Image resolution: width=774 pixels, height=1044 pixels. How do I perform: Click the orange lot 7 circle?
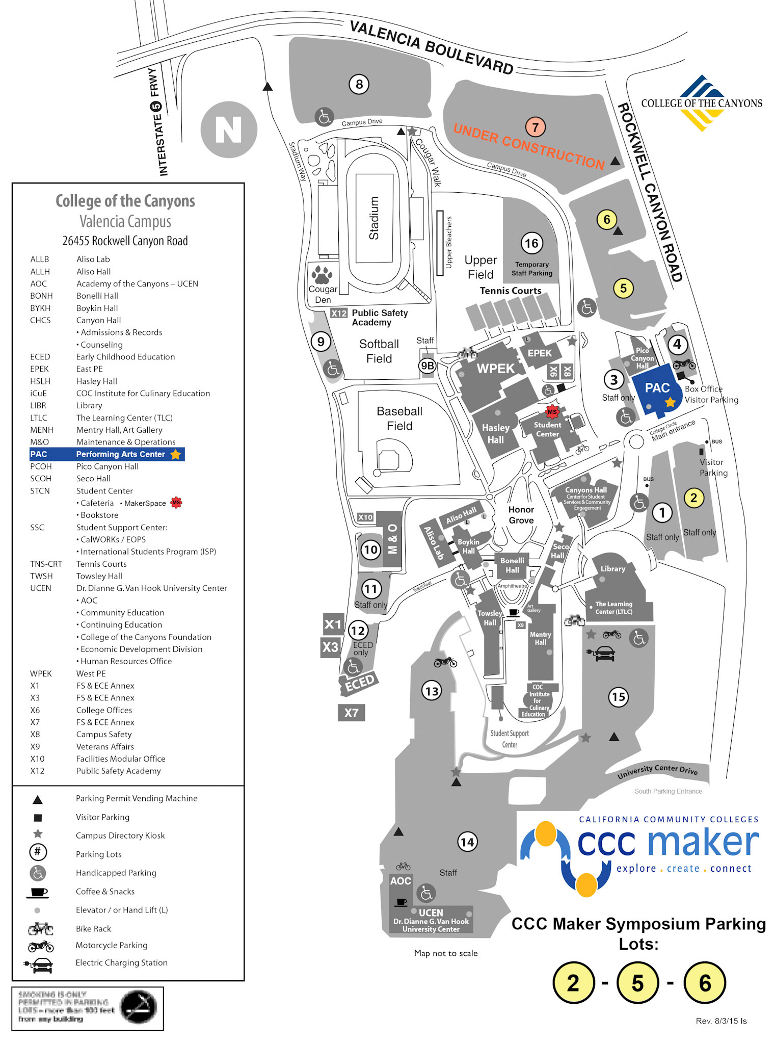(x=535, y=127)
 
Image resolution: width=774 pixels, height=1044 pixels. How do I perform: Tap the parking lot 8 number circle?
(x=359, y=84)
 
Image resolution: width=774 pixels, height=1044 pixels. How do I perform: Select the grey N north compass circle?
(x=229, y=129)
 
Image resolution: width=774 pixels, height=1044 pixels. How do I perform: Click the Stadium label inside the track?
(x=374, y=218)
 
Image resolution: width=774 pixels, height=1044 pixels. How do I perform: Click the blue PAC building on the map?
(x=657, y=390)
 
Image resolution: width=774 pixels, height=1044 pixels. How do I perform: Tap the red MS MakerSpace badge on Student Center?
(x=552, y=411)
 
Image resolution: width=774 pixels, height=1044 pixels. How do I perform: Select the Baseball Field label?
(x=399, y=419)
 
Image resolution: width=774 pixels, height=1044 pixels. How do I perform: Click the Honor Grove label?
(x=521, y=515)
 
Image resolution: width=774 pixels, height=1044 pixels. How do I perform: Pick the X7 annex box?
(x=351, y=713)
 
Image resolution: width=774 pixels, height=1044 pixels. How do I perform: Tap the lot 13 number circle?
(x=432, y=691)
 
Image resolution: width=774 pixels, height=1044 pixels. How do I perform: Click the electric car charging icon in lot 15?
(x=604, y=654)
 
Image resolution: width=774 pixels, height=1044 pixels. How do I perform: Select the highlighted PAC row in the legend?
(x=107, y=454)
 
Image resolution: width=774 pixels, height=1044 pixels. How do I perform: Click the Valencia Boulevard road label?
(x=431, y=47)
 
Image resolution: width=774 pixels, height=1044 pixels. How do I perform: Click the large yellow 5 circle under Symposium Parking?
(x=637, y=983)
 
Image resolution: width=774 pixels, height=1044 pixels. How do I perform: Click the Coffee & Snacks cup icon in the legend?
(x=37, y=892)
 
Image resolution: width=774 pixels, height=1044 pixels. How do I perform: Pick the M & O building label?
(x=392, y=539)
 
